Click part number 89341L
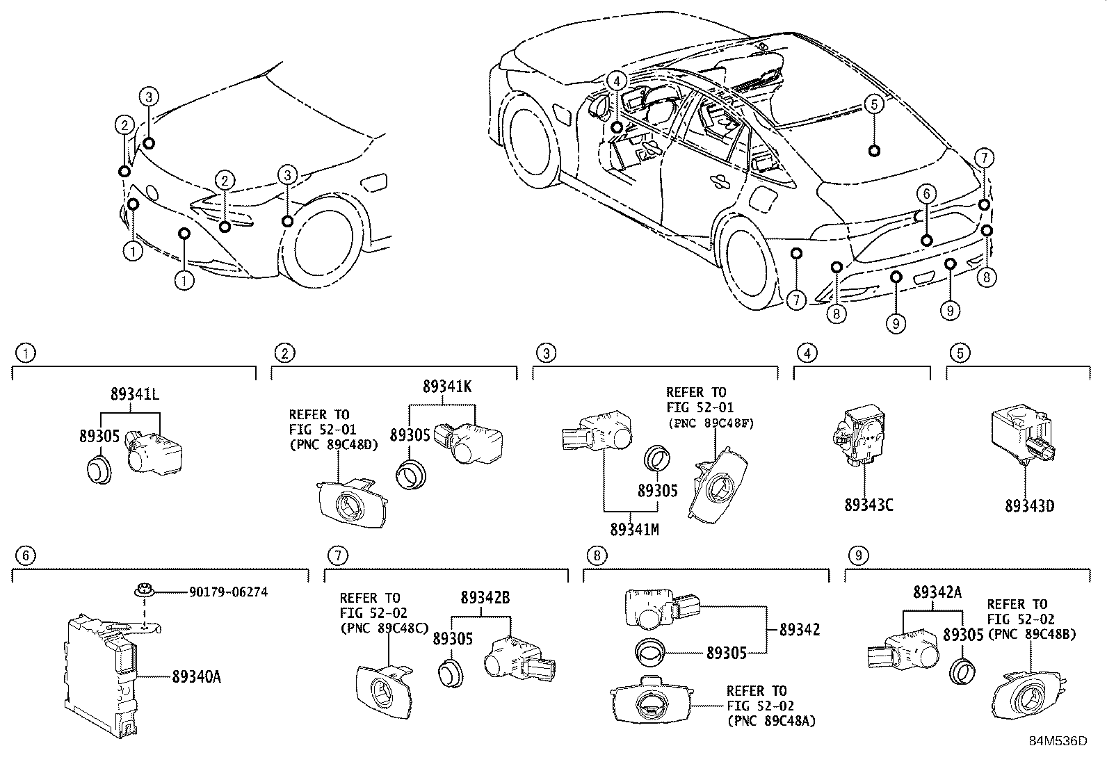point(134,394)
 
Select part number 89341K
point(446,387)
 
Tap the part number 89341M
point(633,529)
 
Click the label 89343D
point(1029,505)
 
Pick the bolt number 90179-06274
point(228,592)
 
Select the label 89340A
point(196,675)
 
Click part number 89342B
point(485,597)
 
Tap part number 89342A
point(937,592)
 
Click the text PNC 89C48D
point(334,445)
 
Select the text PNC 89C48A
point(771,721)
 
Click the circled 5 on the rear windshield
point(873,104)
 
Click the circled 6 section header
point(26,555)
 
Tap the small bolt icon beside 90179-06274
point(143,592)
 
